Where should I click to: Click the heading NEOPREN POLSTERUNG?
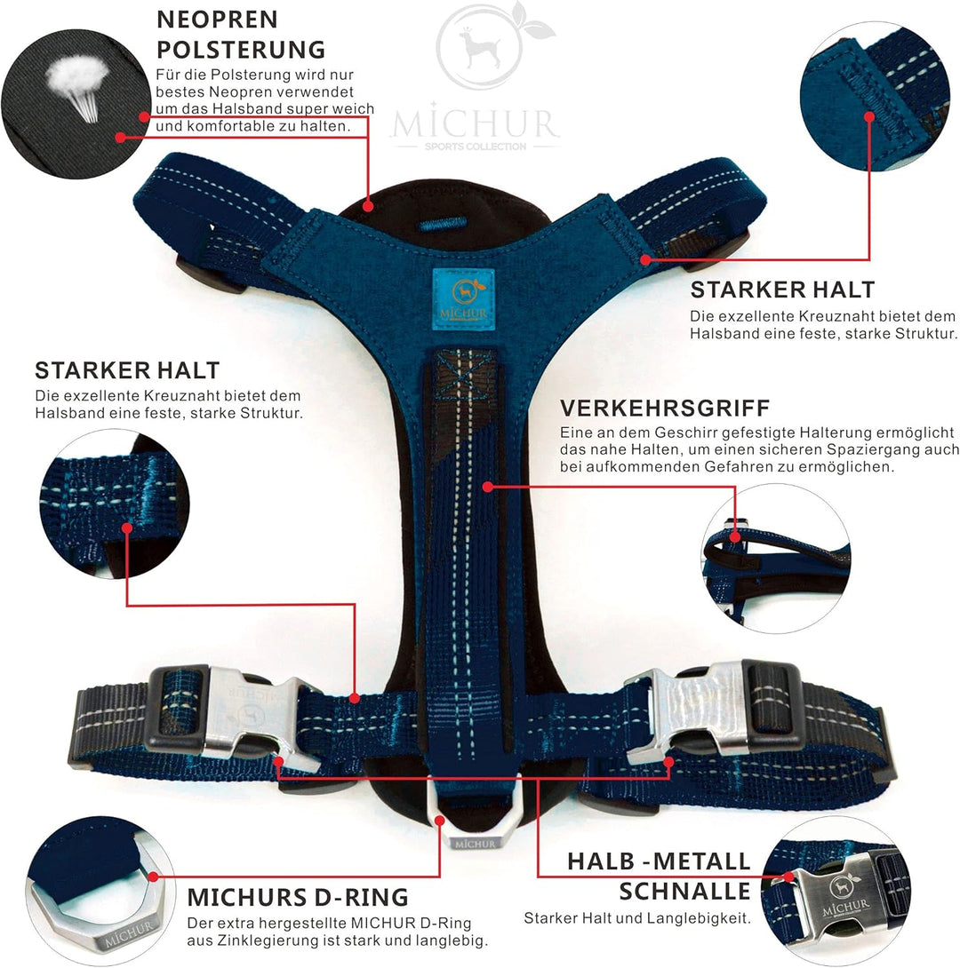[x=241, y=35]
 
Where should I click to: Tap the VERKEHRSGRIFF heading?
[x=665, y=408]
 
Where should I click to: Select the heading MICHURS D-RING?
[x=298, y=897]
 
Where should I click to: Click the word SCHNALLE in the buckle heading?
[x=684, y=892]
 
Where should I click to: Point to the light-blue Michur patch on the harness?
[x=463, y=295]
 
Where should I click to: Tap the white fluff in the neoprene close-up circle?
[x=78, y=84]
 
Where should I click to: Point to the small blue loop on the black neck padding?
[x=441, y=224]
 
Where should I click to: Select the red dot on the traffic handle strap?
[x=487, y=487]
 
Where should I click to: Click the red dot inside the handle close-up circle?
[x=734, y=537]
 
